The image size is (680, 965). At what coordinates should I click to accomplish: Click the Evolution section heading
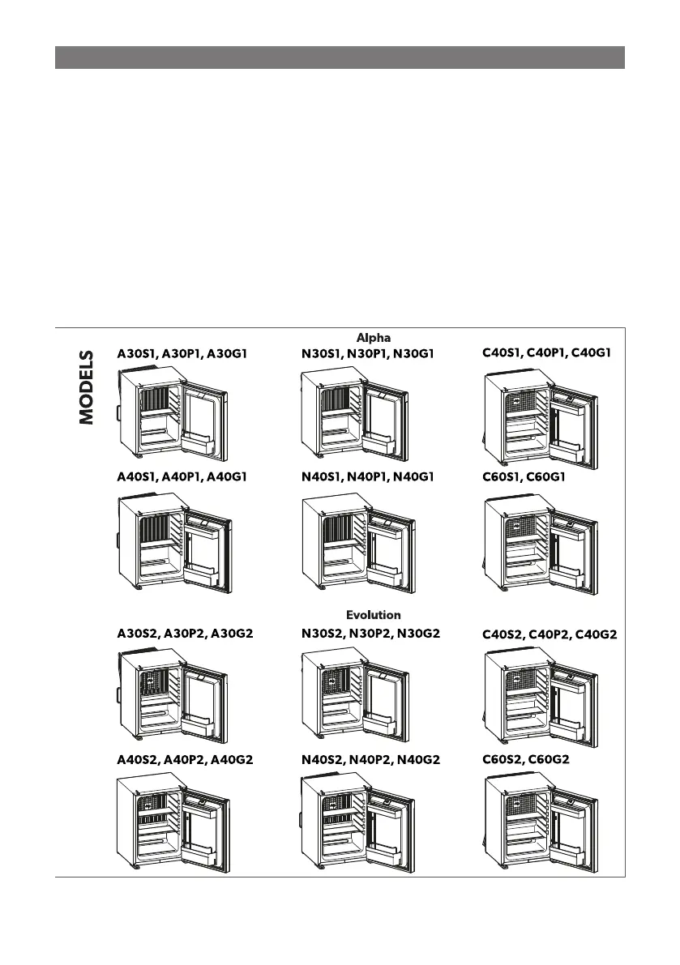373,615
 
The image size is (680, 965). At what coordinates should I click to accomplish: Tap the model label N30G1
415,353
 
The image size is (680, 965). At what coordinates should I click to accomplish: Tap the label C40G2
594,635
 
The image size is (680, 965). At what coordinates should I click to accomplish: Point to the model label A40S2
138,760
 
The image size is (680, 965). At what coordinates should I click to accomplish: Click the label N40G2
417,760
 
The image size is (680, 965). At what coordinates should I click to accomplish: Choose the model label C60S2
505,760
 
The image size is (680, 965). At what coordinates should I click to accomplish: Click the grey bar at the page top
340,58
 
